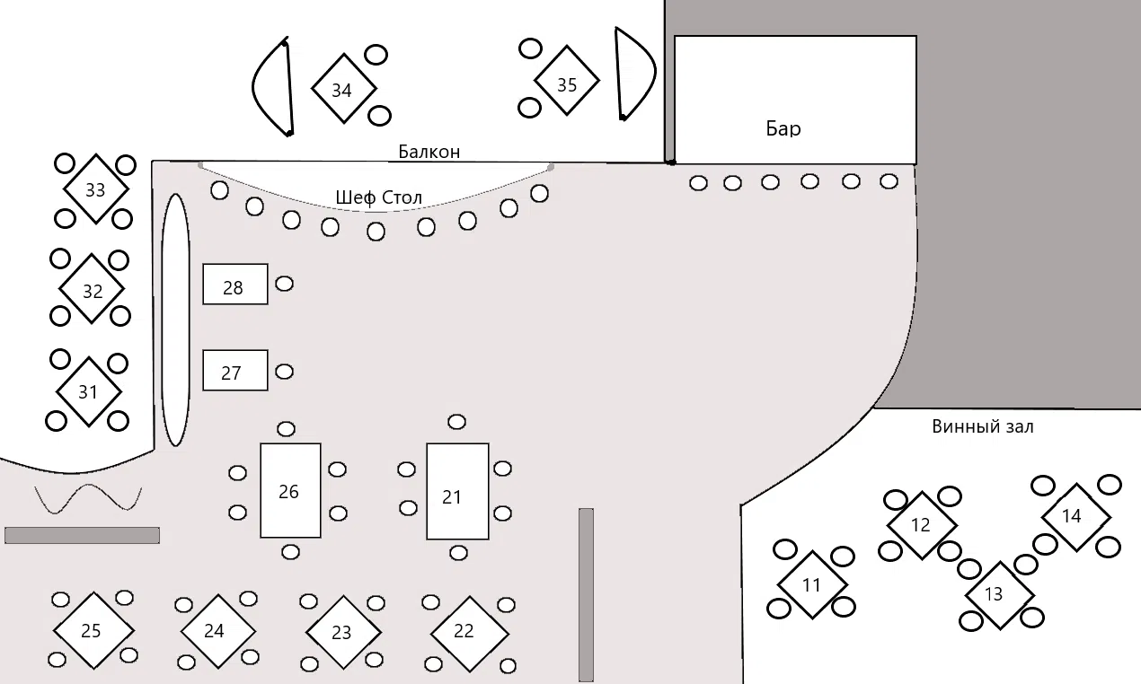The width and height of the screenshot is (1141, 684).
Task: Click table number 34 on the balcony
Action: coord(344,89)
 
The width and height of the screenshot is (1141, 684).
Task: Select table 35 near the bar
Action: coord(566,81)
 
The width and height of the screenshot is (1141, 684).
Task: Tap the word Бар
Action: coord(783,128)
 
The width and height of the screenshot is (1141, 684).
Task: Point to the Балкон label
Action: coord(429,152)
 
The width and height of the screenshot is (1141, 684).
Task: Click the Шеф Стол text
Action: coord(378,197)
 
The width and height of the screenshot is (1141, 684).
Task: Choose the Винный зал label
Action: coord(983,426)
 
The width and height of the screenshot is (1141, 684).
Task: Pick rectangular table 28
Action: coord(234,284)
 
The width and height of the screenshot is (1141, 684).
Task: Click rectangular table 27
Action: coord(234,370)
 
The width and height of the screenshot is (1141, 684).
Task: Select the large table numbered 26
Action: coord(290,490)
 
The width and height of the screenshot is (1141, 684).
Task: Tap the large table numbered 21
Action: coord(457,491)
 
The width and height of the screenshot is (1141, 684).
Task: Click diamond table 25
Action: coord(93,630)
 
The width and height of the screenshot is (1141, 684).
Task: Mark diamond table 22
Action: coord(470,634)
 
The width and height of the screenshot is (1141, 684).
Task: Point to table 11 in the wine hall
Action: coord(812,584)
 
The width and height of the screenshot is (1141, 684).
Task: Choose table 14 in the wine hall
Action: coord(1075,517)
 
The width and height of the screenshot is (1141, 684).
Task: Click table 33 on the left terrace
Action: coord(96,189)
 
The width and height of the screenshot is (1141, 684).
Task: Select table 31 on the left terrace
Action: coord(89,392)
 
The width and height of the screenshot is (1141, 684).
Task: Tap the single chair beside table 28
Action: coord(284,284)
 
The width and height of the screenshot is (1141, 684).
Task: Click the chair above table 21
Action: coord(456,422)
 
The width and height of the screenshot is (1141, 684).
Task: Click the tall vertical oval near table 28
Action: coord(176,320)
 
